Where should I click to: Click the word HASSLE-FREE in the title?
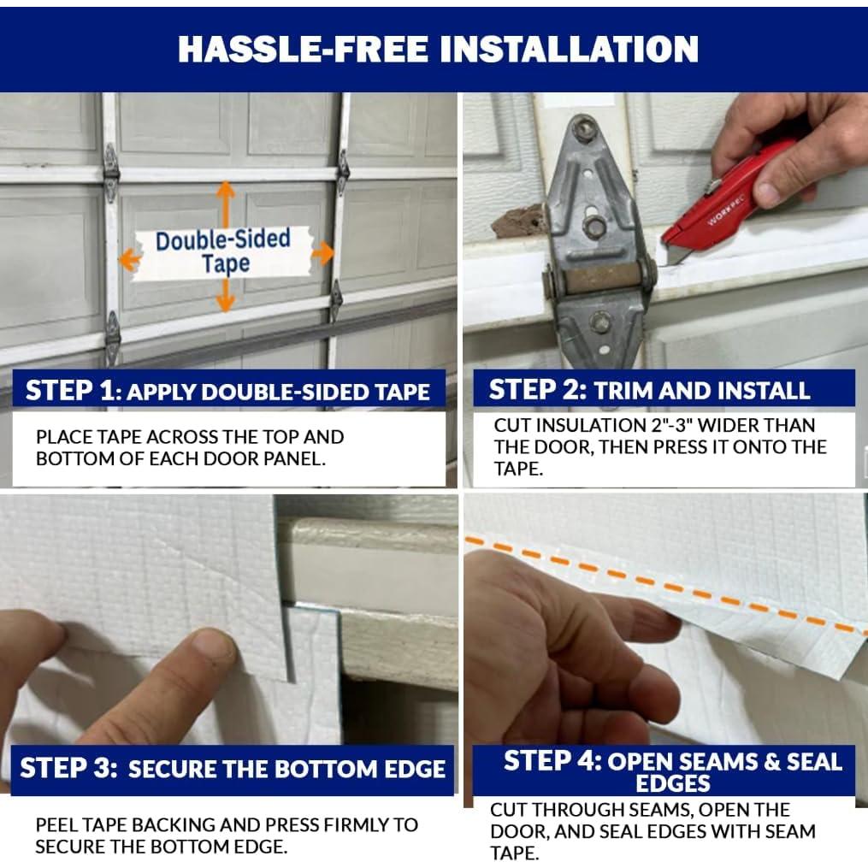tap(303, 50)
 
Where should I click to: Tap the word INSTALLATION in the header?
tap(569, 50)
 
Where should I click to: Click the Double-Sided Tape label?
tap(223, 252)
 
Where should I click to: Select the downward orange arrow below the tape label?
tap(225, 296)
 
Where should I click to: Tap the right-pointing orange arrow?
tap(322, 253)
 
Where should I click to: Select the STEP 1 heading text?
tap(227, 391)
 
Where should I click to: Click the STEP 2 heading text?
tap(649, 390)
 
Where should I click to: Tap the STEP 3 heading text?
tap(233, 769)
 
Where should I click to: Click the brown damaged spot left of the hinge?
tap(517, 221)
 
